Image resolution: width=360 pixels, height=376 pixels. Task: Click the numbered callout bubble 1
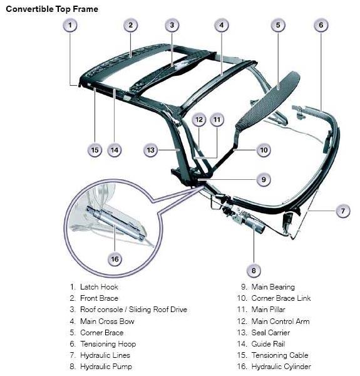click(x=70, y=25)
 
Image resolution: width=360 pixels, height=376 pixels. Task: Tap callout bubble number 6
click(x=321, y=25)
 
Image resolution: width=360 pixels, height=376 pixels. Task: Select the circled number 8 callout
click(x=254, y=271)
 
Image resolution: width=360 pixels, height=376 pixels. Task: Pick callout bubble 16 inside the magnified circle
click(x=115, y=259)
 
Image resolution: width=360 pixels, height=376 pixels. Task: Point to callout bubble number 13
click(x=150, y=150)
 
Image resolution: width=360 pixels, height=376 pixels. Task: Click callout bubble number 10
click(x=264, y=150)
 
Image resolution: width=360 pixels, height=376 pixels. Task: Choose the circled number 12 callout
click(x=199, y=120)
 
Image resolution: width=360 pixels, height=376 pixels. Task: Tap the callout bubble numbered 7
click(x=343, y=211)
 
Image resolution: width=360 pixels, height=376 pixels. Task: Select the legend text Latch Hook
click(x=99, y=287)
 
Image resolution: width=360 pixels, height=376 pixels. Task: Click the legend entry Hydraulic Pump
click(x=106, y=367)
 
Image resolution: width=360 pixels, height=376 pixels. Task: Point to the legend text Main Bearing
click(x=273, y=287)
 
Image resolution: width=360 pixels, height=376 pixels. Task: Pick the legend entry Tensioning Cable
click(x=280, y=355)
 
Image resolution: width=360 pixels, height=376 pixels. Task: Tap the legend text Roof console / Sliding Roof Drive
click(x=133, y=310)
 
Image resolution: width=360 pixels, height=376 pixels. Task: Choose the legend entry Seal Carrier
click(x=270, y=333)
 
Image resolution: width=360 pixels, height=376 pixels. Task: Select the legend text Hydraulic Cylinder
click(x=281, y=367)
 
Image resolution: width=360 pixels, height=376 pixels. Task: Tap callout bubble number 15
click(x=95, y=150)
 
